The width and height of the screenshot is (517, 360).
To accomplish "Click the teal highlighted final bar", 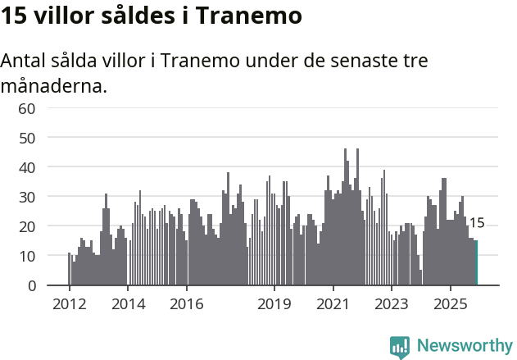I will [x=476, y=262].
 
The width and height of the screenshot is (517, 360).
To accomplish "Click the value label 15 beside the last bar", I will [x=477, y=223].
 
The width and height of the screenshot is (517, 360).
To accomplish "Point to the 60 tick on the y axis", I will [x=26, y=108].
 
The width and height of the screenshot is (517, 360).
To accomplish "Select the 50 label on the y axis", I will [x=26, y=138].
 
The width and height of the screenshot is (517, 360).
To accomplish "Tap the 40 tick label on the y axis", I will [x=26, y=167].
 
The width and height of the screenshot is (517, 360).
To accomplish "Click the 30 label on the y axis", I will [x=26, y=197].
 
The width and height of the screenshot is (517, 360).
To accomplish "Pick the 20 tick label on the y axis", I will [x=26, y=226].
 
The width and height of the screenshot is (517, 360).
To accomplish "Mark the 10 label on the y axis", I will [x=26, y=256].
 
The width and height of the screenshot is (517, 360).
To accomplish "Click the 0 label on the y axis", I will [x=30, y=285].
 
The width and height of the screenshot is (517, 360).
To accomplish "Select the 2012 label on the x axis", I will [x=69, y=305].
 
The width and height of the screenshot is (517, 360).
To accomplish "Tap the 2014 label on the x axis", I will [x=128, y=305].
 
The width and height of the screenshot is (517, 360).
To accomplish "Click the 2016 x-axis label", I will [x=187, y=305].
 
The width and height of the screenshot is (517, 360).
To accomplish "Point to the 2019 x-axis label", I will [x=274, y=305].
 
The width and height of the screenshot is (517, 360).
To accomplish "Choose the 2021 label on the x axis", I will [x=333, y=305].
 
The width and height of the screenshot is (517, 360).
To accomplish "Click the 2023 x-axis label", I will [x=392, y=305].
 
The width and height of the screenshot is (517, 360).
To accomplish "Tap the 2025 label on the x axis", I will [x=451, y=305].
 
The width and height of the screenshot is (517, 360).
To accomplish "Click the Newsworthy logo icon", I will [x=400, y=346].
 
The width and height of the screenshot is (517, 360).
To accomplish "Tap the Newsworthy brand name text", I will [x=464, y=346].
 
